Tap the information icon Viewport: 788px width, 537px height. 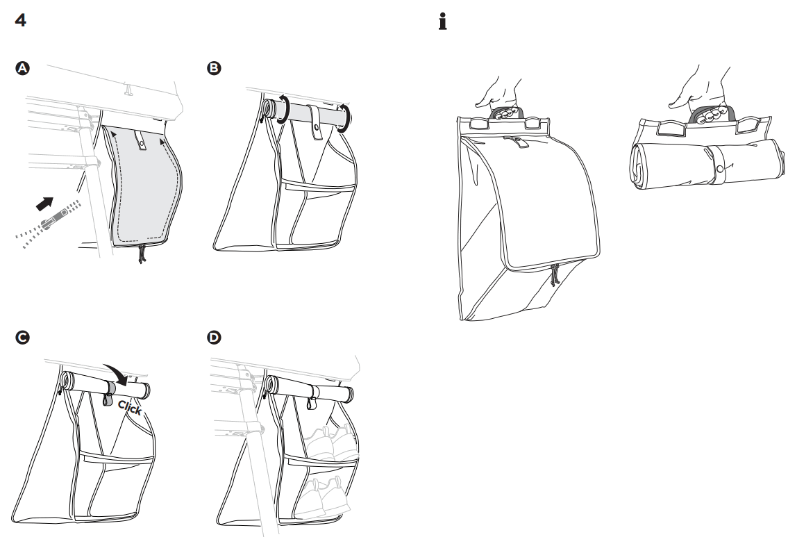point(440,21)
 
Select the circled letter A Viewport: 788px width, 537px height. point(24,68)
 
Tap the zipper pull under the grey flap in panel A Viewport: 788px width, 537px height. point(142,254)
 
